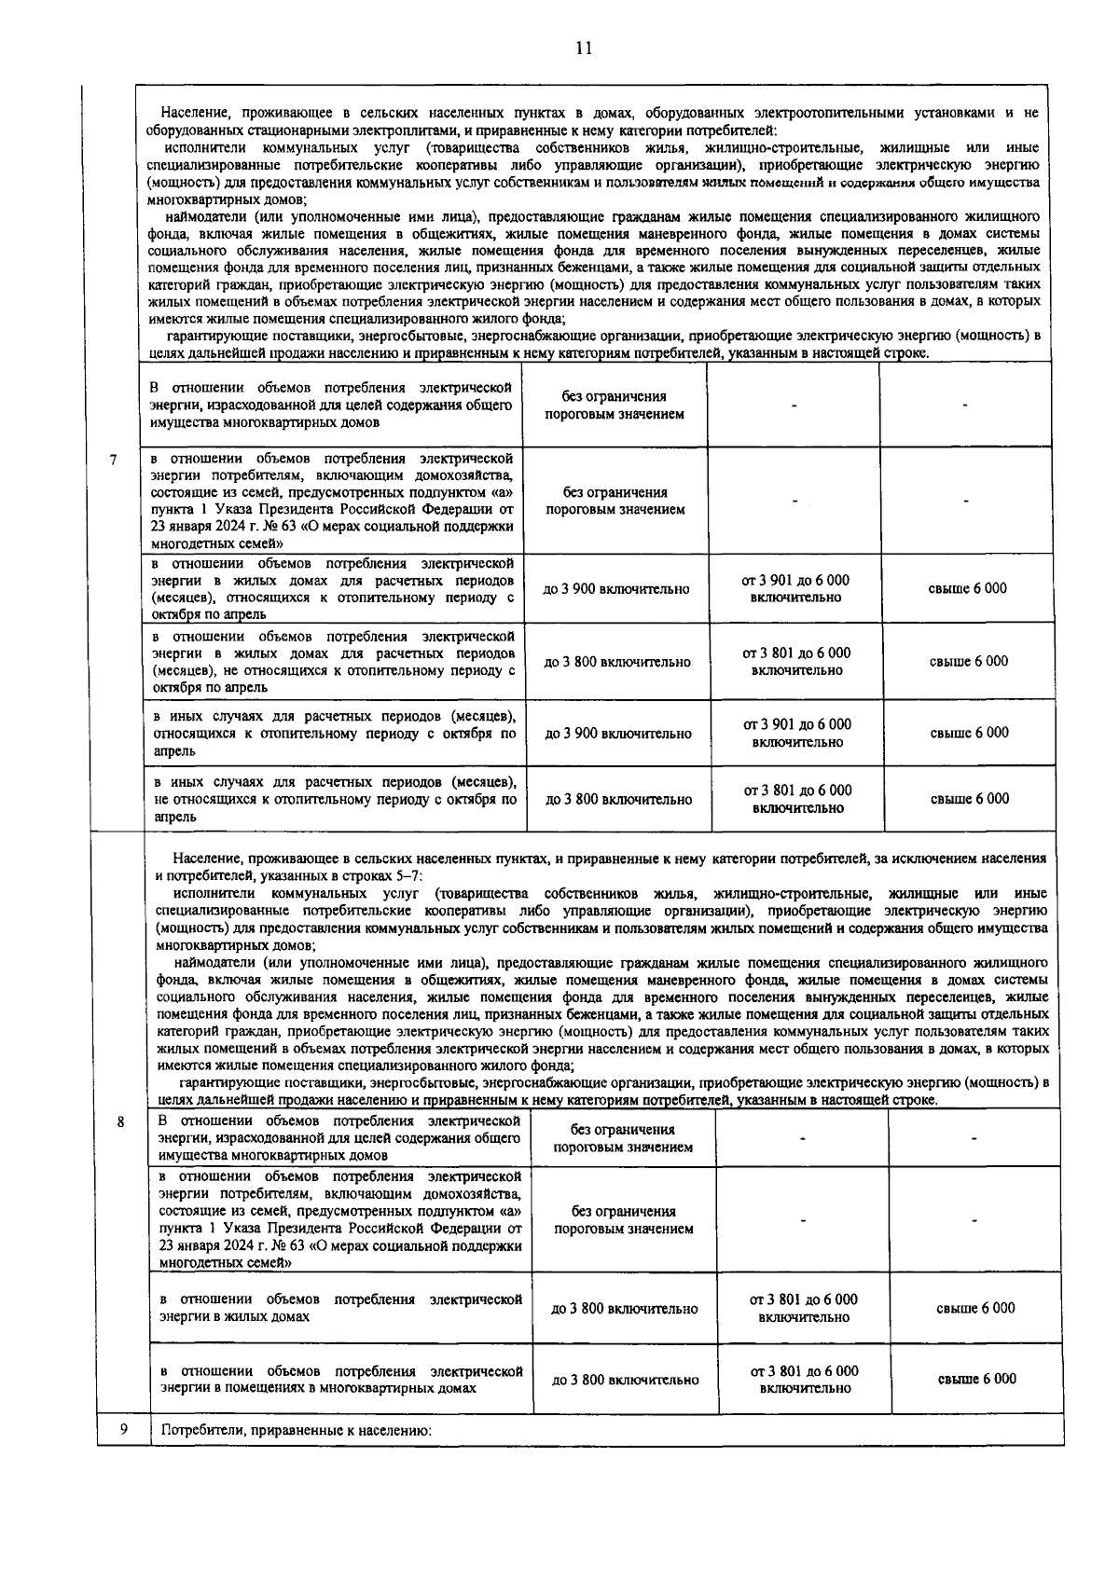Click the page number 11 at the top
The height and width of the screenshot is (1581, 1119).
click(584, 48)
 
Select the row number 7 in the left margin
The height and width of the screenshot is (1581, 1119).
click(113, 459)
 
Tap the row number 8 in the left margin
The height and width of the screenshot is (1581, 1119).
click(121, 1121)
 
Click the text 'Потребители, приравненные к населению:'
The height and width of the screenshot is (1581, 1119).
click(297, 1430)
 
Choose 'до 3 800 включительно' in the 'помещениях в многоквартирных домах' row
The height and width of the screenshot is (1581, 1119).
click(625, 1380)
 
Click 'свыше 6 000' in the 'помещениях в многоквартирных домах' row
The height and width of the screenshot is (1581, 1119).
click(976, 1379)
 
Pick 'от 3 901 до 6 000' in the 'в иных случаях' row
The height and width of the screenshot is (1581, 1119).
click(796, 724)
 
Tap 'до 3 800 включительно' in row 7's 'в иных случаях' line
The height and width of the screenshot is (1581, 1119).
click(618, 799)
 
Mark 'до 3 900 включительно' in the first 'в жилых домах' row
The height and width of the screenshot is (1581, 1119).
click(616, 589)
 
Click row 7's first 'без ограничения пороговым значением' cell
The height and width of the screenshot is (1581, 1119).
click(615, 406)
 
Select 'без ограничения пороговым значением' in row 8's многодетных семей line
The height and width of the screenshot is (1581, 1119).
click(623, 1219)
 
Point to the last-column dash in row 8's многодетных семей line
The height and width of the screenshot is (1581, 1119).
click(974, 1219)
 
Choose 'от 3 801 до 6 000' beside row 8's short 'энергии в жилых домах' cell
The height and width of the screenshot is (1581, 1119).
click(803, 1299)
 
